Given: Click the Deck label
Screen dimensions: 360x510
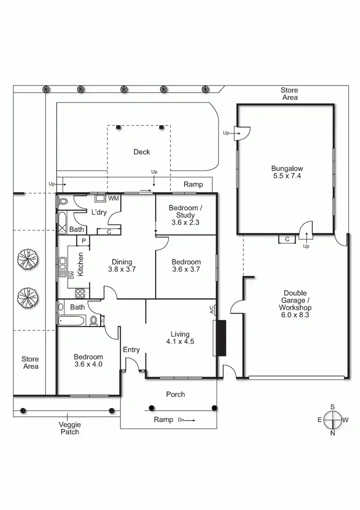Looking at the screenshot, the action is click(x=142, y=152).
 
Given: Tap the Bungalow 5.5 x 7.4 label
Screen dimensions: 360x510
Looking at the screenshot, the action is click(x=287, y=172).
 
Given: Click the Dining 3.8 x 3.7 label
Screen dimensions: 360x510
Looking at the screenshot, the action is click(x=122, y=265).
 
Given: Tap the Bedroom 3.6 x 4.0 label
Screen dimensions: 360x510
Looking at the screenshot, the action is click(x=88, y=360).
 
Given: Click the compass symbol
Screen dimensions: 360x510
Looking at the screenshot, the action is click(x=332, y=419).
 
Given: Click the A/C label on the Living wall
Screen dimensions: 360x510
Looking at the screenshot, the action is click(x=212, y=310).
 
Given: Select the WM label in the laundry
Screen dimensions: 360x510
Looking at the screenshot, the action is click(x=113, y=198).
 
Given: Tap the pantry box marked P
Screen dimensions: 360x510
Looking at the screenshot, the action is click(x=83, y=241).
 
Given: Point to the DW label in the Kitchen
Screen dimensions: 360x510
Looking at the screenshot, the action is click(x=72, y=275).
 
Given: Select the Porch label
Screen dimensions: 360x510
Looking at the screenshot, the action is click(x=175, y=394).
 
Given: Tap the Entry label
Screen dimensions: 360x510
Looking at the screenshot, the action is click(x=131, y=350).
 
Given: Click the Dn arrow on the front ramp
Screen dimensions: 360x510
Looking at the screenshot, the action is click(x=186, y=420).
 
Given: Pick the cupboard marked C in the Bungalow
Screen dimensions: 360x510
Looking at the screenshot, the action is click(x=287, y=239).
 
